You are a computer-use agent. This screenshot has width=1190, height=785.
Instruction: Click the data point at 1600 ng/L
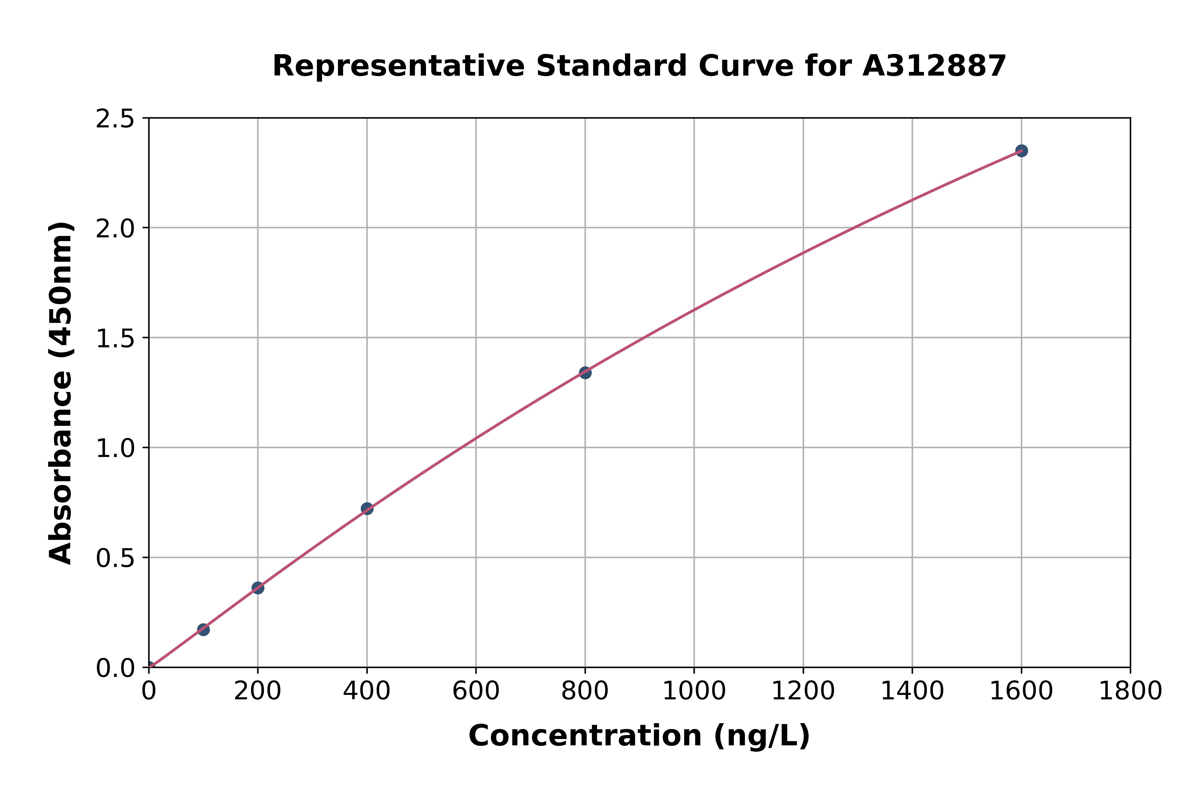tap(1021, 151)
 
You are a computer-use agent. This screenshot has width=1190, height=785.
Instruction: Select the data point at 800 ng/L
tap(585, 372)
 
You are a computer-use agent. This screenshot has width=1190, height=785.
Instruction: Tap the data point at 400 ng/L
tap(367, 509)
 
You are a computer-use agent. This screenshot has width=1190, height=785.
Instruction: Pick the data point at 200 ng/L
tap(258, 588)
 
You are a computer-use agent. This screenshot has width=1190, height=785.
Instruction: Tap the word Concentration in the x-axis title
tap(585, 736)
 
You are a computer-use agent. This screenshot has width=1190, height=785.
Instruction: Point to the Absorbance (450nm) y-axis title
tap(61, 393)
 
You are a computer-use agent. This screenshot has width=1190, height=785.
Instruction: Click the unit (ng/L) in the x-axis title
tap(761, 736)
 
